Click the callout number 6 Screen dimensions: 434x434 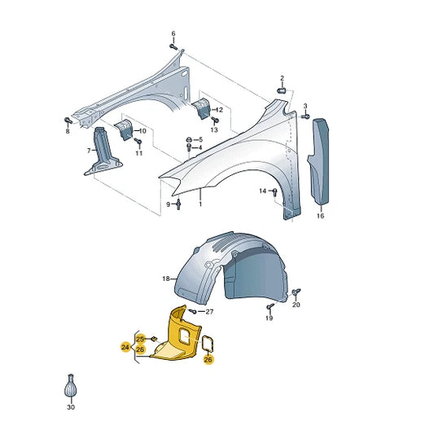click(173, 33)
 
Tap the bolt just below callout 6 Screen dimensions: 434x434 click(173, 47)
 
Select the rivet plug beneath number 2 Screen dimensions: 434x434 click(282, 90)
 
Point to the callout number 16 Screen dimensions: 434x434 click(320, 216)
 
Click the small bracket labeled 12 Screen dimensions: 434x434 click(202, 108)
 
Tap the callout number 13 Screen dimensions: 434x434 click(214, 129)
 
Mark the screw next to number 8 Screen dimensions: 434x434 click(68, 121)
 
